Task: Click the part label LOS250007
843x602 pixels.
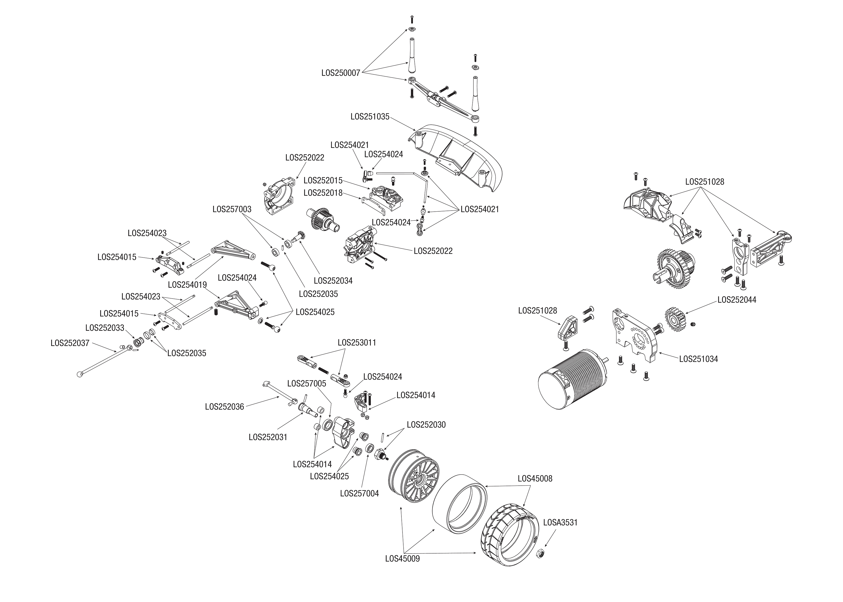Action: point(341,73)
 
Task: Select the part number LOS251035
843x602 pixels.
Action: point(370,117)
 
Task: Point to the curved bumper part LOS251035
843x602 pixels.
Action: point(460,156)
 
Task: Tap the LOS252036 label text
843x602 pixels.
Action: point(224,407)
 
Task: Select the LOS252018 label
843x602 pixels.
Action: point(323,193)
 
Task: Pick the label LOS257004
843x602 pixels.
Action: point(359,494)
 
